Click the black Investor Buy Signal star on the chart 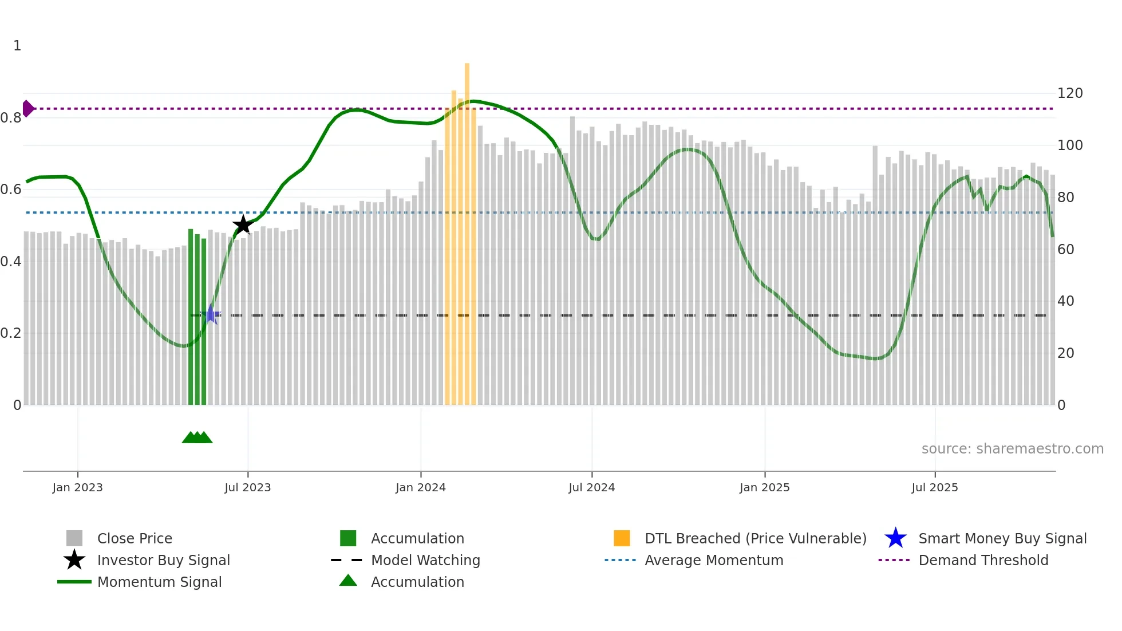[243, 224]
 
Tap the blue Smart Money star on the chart [211, 314]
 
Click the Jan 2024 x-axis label [420, 487]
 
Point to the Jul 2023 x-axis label [247, 487]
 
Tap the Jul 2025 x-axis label [934, 487]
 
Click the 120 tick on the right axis [1069, 93]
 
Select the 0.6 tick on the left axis [11, 190]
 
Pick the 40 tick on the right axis [1065, 301]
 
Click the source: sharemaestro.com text [1012, 449]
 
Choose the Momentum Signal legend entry [159, 582]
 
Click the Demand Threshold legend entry [983, 560]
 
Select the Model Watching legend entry [425, 560]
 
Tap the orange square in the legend [622, 538]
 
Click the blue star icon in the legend [895, 538]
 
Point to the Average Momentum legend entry [714, 560]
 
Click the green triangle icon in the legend [348, 581]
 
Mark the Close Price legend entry [135, 538]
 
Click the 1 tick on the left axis [17, 46]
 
